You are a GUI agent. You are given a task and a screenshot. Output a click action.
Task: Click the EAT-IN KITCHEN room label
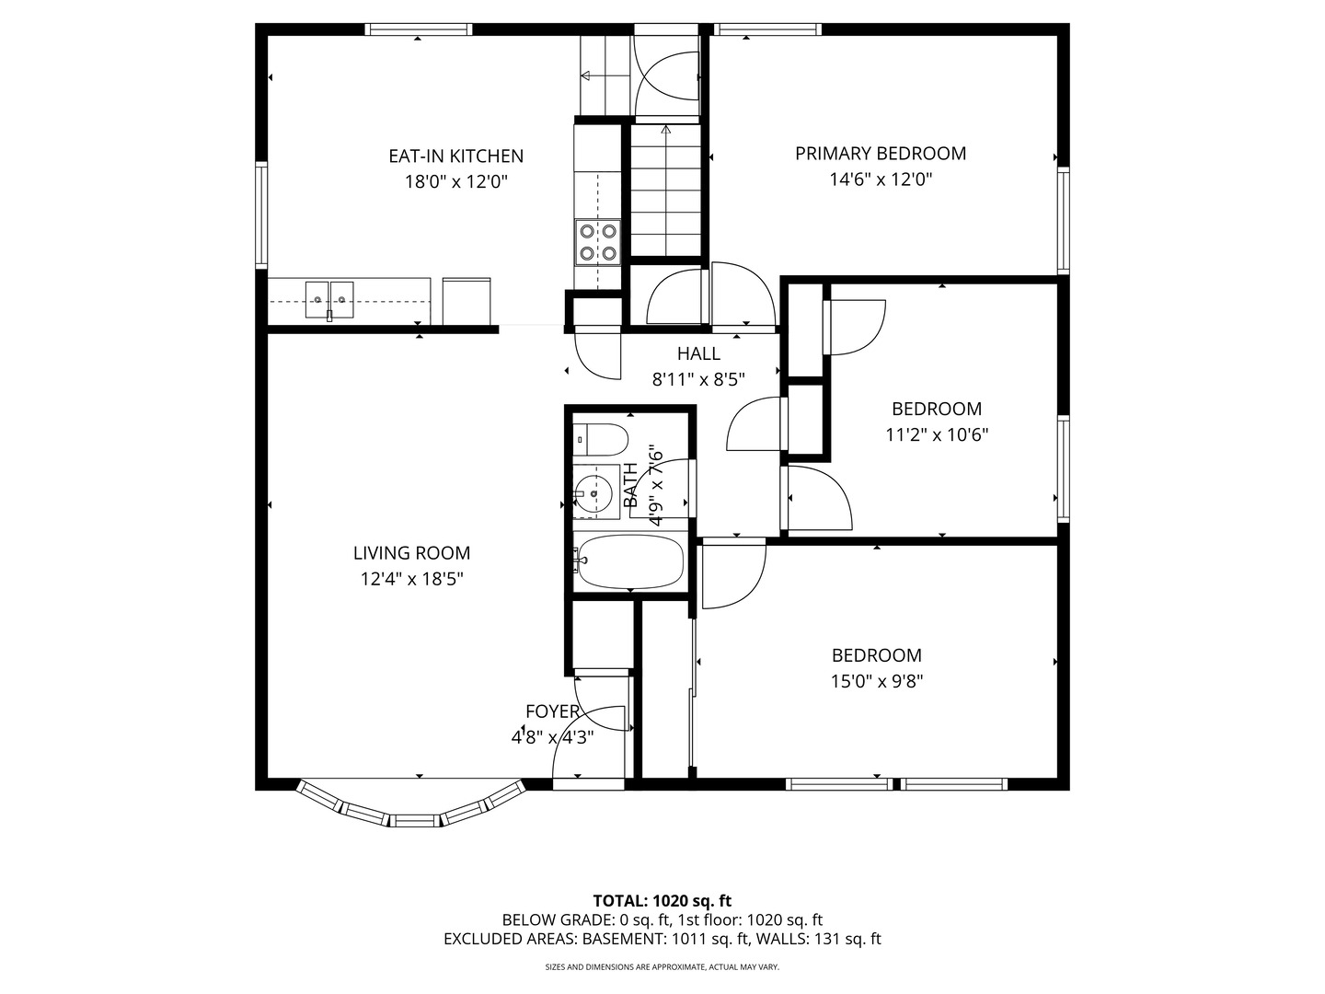coord(455,156)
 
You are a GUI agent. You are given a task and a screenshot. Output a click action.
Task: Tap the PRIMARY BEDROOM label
coord(881,154)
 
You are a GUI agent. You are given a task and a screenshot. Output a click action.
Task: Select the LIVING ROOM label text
coord(411,553)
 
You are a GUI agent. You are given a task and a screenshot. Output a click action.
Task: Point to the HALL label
coord(698,353)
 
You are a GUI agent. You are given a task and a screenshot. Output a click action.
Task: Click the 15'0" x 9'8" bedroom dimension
coord(877,681)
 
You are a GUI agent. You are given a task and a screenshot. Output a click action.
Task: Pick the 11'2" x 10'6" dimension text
coord(937,434)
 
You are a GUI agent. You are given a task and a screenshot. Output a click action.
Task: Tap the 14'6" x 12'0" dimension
coord(881,179)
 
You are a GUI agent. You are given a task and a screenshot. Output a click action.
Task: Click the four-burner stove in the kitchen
coord(597,242)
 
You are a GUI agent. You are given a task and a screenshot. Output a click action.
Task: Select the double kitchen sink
coord(329,299)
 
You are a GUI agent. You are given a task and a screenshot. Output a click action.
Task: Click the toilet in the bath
coord(600,439)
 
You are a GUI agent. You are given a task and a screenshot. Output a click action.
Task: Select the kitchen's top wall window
coord(419,29)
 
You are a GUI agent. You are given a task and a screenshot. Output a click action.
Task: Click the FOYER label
coord(552,711)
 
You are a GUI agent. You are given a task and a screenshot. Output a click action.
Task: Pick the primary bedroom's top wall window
coord(767,29)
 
